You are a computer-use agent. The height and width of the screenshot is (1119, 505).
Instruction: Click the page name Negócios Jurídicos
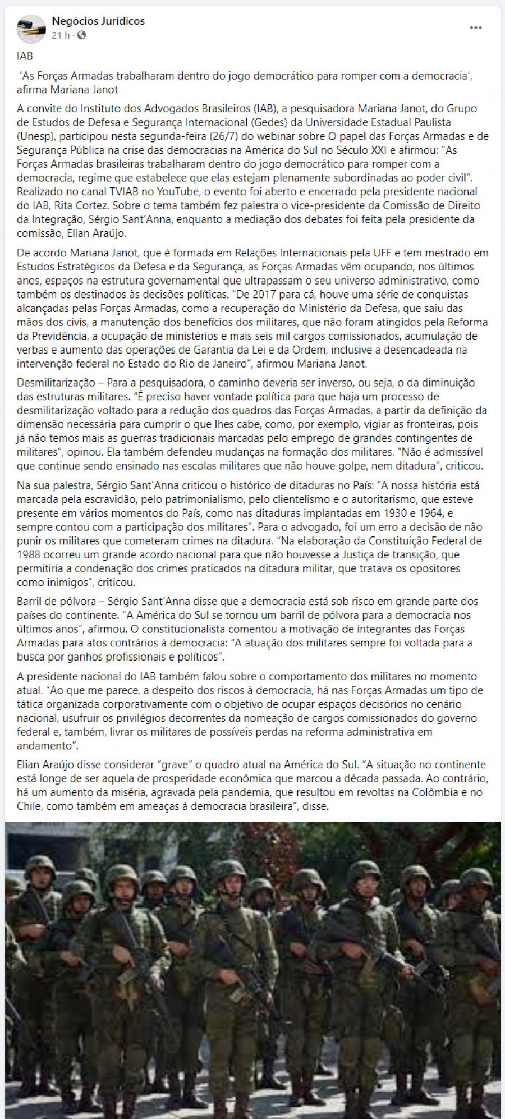point(98,21)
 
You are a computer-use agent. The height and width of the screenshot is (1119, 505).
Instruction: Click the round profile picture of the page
point(32,29)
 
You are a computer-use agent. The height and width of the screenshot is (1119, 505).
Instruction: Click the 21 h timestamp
point(60,35)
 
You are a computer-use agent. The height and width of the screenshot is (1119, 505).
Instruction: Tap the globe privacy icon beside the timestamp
point(81,35)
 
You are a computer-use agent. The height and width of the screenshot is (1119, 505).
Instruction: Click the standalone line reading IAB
point(25,56)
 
